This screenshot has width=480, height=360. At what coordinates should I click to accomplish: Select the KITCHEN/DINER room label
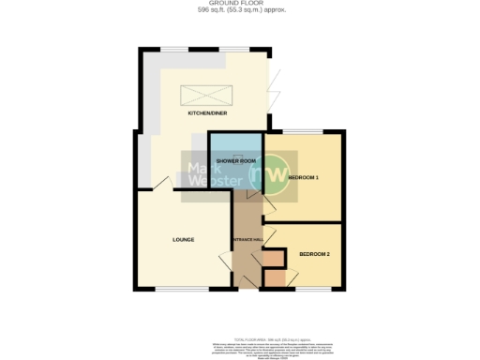(x=209, y=113)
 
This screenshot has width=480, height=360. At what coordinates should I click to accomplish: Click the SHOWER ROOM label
(x=235, y=161)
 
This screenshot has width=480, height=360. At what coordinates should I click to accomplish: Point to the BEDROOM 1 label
(x=304, y=177)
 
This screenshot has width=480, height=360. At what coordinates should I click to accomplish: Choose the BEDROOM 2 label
(x=315, y=254)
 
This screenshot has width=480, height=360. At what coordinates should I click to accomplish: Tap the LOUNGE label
(x=183, y=240)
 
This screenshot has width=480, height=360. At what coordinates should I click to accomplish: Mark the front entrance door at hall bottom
(x=246, y=289)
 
